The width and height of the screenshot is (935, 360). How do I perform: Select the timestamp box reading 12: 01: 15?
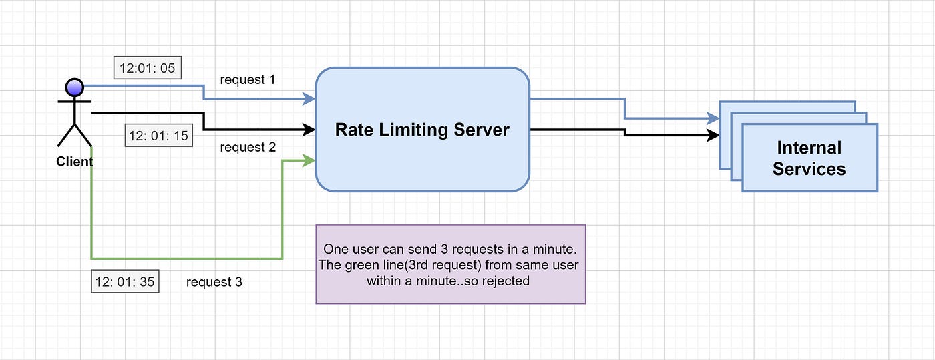[x=159, y=136]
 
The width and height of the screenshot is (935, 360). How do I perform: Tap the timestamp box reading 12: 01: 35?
[x=124, y=281]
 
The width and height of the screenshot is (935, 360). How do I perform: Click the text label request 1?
[x=248, y=80]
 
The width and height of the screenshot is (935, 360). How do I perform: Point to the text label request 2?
[x=248, y=147]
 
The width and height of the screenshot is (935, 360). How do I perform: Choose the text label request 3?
[x=214, y=282]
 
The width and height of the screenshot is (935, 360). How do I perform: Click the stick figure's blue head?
[x=74, y=87]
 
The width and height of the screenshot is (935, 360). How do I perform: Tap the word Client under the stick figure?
[x=74, y=161]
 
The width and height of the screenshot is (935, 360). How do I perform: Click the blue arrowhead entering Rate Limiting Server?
[x=309, y=99]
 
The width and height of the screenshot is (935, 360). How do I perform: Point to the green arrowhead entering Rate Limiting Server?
[x=309, y=160]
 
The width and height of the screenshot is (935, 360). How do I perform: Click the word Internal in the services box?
[x=809, y=148]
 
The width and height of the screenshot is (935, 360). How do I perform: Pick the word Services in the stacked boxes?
[x=809, y=169]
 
